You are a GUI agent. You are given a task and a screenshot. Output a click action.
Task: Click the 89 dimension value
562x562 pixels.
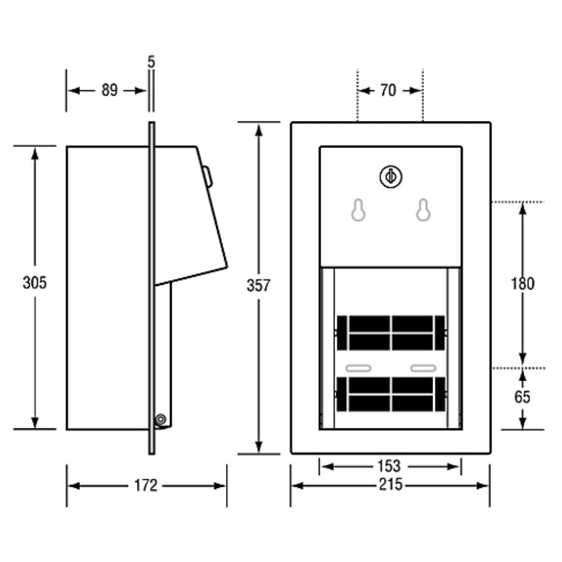[109, 90]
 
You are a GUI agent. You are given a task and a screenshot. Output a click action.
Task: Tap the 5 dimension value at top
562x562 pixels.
[151, 61]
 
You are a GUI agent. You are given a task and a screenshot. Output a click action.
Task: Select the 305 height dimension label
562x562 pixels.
[35, 282]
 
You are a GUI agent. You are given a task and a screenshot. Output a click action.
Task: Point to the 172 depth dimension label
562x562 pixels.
[146, 485]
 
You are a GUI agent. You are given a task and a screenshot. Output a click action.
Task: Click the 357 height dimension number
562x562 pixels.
[259, 285]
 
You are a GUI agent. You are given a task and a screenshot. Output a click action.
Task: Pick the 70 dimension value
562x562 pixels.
[388, 90]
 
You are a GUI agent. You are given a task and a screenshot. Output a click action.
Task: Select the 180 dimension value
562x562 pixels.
[522, 283]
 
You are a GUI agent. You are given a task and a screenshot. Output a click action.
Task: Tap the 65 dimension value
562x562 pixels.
[522, 397]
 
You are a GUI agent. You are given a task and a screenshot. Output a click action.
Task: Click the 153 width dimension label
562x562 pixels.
[389, 466]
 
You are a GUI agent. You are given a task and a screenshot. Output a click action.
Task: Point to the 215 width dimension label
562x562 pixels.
[391, 484]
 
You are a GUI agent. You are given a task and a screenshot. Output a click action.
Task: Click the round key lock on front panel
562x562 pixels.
[391, 177]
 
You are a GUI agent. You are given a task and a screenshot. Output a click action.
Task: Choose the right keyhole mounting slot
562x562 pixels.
[423, 210]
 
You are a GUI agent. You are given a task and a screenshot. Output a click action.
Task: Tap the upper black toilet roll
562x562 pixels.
[391, 333]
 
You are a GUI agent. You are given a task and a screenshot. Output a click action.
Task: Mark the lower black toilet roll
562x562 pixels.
[391, 394]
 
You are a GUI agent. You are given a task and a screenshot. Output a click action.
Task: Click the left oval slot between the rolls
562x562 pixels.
[358, 368]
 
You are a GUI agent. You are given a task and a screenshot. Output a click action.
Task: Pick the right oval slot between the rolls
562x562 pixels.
[423, 368]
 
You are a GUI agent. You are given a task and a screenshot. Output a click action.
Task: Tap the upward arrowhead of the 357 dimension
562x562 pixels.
[259, 129]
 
